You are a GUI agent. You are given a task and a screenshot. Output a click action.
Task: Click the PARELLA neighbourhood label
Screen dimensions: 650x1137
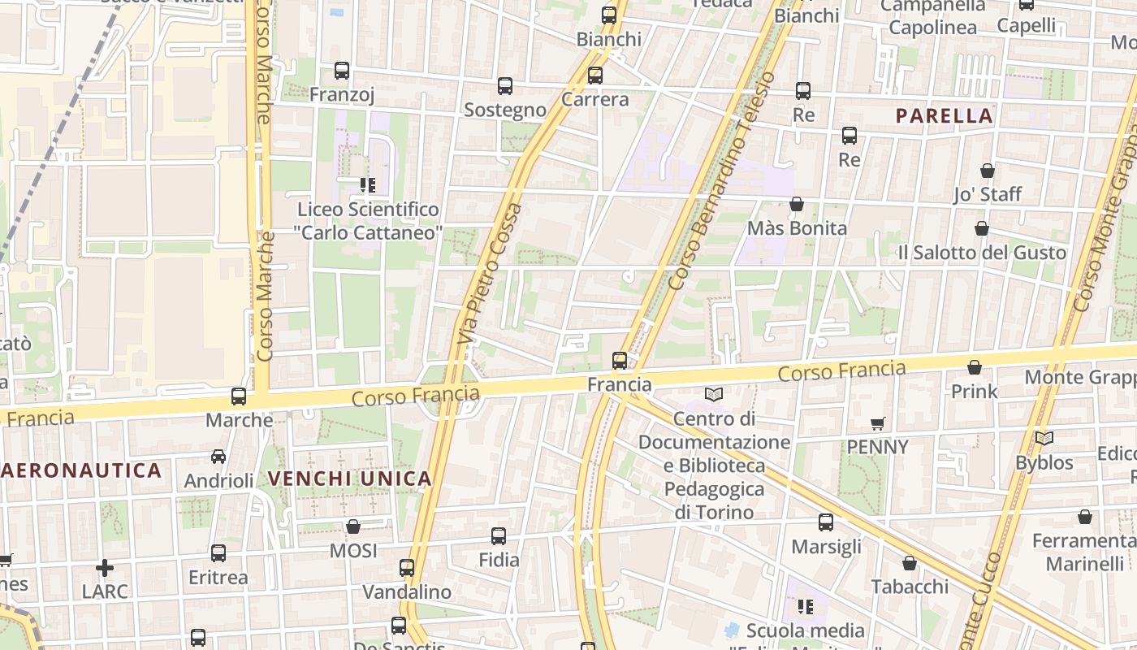coord(945,116)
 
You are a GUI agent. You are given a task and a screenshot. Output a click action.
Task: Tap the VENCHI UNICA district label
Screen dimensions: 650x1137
coord(349,479)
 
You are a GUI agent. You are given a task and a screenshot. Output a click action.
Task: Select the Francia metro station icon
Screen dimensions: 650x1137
coord(620,360)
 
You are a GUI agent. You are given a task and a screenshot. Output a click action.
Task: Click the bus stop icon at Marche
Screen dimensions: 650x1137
coord(239,396)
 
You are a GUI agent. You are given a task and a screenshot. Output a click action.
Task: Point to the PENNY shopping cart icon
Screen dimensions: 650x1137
coord(877,423)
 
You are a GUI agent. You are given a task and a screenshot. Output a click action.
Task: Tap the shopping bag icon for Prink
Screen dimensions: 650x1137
coord(975,367)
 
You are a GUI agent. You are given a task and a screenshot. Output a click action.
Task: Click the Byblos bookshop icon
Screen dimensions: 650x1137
coord(1044,439)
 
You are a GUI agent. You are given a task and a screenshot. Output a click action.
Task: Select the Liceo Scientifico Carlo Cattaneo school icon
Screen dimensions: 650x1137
coord(368,185)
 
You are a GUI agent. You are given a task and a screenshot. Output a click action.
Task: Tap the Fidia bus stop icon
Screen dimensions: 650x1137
coord(499,536)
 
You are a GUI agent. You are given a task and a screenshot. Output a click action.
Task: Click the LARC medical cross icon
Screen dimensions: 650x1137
coord(105,567)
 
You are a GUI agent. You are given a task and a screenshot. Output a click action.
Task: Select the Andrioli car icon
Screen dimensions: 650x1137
coord(218,457)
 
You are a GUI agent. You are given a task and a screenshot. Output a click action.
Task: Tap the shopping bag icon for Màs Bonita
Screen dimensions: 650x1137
coord(797,204)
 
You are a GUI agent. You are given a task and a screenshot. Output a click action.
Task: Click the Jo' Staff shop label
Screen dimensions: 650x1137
coord(988,194)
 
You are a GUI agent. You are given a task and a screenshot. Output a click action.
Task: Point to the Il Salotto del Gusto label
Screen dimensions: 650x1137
coord(981,253)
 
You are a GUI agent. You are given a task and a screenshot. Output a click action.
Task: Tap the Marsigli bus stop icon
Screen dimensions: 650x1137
coord(826,522)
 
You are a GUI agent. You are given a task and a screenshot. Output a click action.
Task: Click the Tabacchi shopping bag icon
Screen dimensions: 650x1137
coord(910,563)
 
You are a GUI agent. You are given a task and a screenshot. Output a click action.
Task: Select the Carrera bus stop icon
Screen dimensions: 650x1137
coord(595,76)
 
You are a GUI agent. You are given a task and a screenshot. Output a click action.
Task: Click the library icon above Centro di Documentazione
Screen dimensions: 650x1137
coord(714,394)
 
